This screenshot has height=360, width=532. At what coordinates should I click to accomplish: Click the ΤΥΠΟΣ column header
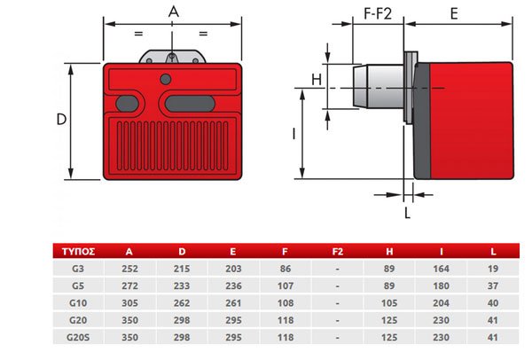78,252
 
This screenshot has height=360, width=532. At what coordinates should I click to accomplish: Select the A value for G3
130,269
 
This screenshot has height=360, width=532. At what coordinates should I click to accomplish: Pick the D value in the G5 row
182,286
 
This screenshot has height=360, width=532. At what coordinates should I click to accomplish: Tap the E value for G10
233,303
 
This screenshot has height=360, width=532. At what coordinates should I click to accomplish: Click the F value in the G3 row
286,269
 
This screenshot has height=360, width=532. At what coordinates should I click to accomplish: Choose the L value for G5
493,286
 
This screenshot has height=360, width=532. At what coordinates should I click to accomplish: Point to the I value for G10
441,303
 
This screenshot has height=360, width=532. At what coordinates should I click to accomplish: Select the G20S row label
78,338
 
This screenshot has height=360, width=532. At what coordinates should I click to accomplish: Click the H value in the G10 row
389,303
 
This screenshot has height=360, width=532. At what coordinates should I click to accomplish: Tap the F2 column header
338,252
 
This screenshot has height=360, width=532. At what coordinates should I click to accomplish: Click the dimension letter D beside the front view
61,120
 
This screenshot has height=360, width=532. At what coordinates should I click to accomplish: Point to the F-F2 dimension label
378,13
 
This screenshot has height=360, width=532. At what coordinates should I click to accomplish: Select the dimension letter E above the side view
454,14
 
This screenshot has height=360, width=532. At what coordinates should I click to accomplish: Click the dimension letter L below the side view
408,213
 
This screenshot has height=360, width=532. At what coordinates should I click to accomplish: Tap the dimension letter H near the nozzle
317,80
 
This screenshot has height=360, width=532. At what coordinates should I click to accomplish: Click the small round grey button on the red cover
166,80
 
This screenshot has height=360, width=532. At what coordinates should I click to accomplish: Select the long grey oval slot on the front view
190,104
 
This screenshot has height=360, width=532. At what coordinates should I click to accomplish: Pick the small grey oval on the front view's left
127,104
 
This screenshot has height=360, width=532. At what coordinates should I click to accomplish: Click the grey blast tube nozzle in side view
379,87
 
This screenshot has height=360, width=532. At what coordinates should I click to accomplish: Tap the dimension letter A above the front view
174,12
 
